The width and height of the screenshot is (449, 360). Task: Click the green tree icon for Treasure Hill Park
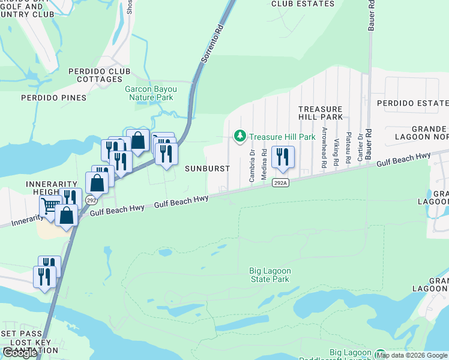(x=241, y=137)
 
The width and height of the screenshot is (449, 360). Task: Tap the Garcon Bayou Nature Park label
(x=149, y=93)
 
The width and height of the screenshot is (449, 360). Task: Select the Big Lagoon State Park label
(x=270, y=275)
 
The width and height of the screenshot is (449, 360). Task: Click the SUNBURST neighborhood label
(x=207, y=169)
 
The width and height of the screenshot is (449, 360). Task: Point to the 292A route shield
(x=280, y=183)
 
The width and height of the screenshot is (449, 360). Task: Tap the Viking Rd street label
(x=337, y=152)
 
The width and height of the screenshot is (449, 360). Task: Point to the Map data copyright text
(x=412, y=355)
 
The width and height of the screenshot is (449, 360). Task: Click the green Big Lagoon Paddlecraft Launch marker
(x=379, y=354)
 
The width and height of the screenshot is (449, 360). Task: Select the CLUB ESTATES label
(x=303, y=4)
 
